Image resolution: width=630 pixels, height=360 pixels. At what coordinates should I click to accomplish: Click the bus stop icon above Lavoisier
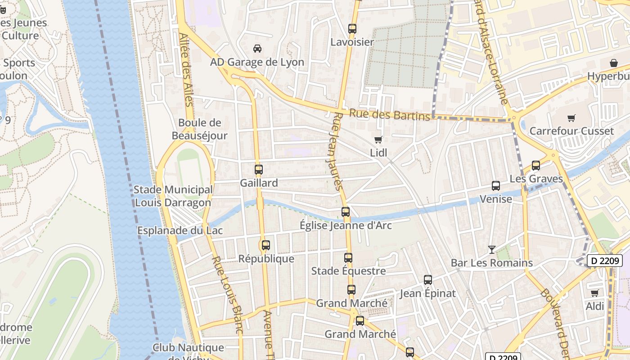click(x=352, y=29)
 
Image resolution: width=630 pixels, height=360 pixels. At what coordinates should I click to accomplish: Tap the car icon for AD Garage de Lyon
click(x=257, y=49)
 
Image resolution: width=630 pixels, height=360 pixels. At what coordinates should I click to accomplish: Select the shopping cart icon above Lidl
click(x=378, y=139)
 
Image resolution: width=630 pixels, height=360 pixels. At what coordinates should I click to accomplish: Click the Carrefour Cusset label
click(x=571, y=131)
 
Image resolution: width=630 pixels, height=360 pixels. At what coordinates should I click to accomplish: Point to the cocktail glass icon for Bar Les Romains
click(x=491, y=249)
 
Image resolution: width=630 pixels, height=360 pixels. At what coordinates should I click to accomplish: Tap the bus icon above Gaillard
click(x=258, y=170)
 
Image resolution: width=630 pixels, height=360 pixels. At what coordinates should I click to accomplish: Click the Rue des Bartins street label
click(x=390, y=115)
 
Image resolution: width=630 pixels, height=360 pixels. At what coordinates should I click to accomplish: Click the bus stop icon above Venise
click(x=495, y=185)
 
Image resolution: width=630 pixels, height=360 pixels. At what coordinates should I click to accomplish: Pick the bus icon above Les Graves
click(x=535, y=165)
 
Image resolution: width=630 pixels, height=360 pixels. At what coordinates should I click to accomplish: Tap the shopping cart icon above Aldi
click(x=594, y=293)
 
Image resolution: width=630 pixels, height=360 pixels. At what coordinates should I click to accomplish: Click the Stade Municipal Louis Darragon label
click(x=173, y=196)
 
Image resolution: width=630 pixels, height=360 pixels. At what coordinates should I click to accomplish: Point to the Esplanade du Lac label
click(x=180, y=230)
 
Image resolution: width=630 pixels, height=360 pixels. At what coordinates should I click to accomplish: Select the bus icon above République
click(x=266, y=245)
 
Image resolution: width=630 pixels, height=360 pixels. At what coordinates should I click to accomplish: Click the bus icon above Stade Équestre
click(x=348, y=258)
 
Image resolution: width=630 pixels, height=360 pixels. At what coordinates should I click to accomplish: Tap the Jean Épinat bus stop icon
click(x=427, y=280)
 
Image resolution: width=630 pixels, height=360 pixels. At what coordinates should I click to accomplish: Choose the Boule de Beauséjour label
click(x=199, y=129)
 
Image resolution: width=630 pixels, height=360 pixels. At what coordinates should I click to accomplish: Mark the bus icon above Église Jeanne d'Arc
click(x=345, y=211)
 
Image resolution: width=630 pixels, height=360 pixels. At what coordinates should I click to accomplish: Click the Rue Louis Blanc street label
click(x=227, y=295)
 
